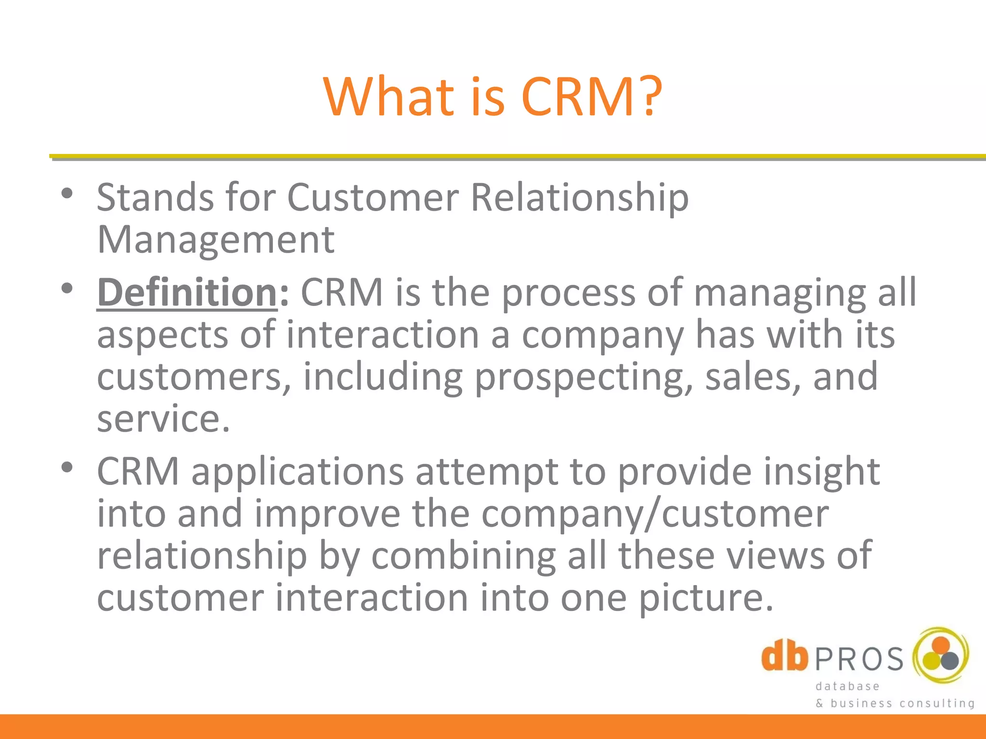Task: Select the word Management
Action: (x=216, y=240)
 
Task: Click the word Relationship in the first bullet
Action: (x=579, y=198)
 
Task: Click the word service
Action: (x=163, y=419)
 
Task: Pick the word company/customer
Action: (x=655, y=514)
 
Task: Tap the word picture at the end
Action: (x=706, y=598)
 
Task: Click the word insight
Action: (x=822, y=472)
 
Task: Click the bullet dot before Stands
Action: (x=67, y=194)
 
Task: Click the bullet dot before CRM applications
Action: (x=67, y=467)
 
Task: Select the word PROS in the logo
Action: (x=860, y=660)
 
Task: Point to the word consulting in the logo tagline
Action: (x=937, y=703)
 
